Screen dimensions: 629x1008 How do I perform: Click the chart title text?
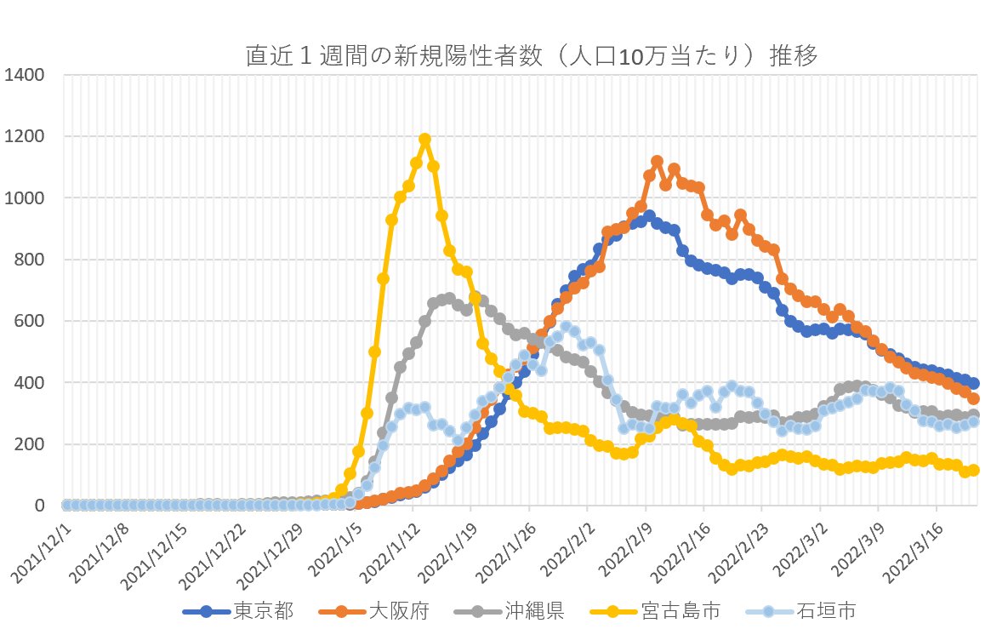click(x=531, y=56)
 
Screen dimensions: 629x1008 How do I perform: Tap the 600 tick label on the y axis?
click(x=31, y=322)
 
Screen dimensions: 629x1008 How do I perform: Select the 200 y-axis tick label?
click(x=31, y=444)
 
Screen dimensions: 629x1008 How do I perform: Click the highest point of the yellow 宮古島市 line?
click(x=424, y=139)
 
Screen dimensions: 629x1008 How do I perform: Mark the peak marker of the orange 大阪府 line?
click(x=657, y=161)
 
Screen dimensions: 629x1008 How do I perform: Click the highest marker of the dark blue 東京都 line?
click(x=648, y=216)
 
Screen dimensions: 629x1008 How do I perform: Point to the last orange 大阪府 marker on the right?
click(x=973, y=398)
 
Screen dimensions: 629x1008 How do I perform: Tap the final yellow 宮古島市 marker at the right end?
click(x=973, y=470)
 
